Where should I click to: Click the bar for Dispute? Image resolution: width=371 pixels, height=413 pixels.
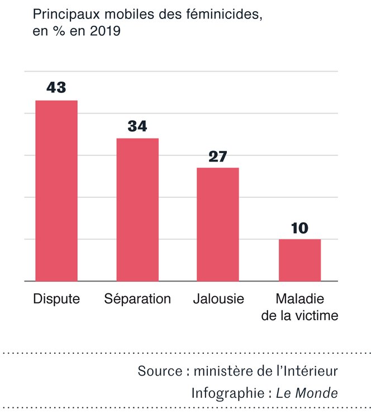click(x=56, y=191)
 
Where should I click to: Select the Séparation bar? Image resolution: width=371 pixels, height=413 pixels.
click(x=137, y=210)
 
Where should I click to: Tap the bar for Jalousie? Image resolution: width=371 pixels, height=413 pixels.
click(x=218, y=224)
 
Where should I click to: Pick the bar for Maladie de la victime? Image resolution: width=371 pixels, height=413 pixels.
click(x=300, y=260)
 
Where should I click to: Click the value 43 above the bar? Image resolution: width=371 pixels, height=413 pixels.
click(x=56, y=88)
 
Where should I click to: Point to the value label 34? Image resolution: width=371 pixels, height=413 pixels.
click(x=137, y=126)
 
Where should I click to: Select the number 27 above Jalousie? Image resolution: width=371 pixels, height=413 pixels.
click(x=218, y=156)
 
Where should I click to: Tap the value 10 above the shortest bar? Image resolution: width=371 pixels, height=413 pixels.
click(x=300, y=227)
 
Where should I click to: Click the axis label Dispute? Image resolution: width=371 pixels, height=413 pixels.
click(x=56, y=299)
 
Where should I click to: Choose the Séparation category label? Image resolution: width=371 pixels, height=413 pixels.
click(x=137, y=299)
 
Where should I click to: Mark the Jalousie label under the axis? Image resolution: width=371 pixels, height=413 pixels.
click(x=218, y=299)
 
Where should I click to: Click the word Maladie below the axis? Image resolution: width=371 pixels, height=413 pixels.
click(x=300, y=299)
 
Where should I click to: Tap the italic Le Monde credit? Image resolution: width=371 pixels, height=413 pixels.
click(x=307, y=393)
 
